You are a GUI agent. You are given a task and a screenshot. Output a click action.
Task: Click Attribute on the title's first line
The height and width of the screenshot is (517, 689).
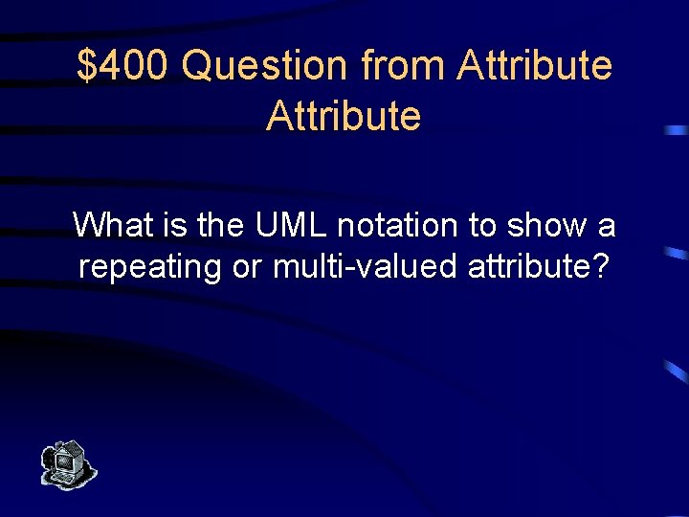pos(535,66)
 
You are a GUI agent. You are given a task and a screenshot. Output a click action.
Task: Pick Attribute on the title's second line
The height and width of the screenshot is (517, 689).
pos(344,116)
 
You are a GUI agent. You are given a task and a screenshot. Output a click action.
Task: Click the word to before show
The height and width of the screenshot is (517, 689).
pos(481,226)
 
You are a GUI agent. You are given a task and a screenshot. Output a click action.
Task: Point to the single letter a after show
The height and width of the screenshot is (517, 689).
pos(606,227)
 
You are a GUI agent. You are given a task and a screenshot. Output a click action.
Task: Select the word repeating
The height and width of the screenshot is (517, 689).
pos(151,267)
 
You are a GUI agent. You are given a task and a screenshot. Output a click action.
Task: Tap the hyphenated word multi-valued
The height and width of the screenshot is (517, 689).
pos(367,267)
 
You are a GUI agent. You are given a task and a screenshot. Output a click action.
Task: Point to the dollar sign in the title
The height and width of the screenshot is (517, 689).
pos(87,66)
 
